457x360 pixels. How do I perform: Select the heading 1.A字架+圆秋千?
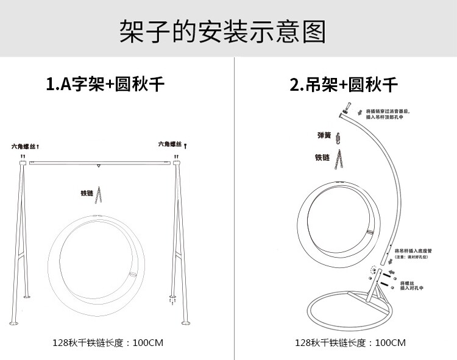pos(105,83)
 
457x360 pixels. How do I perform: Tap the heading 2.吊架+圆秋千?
pos(344,83)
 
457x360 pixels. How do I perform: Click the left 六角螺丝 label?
pos(24,147)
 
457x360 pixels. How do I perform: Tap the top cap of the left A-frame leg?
pos(23,163)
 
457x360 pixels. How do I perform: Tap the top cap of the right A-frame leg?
pos(177,163)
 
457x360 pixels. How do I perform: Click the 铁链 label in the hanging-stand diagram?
pos(322,157)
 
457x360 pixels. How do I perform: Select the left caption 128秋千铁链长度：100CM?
pos(108,342)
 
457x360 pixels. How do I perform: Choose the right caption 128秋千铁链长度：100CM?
pos(350,342)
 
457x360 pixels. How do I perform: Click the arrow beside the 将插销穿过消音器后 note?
pos(360,111)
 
